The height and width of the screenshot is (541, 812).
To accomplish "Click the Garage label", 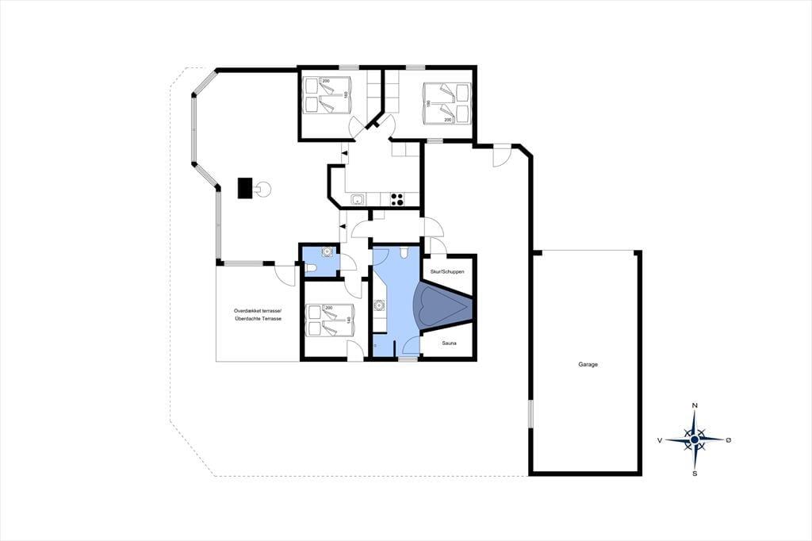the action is pyautogui.click(x=588, y=364).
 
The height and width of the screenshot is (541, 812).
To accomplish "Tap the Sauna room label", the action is pyautogui.click(x=449, y=343).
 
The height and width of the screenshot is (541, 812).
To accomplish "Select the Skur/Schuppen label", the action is pyautogui.click(x=447, y=271).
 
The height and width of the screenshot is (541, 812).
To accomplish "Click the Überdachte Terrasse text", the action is pyautogui.click(x=258, y=319).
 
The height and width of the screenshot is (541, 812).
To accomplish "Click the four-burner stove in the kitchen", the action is pyautogui.click(x=396, y=200).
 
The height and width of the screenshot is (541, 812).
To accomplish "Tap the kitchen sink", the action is pyautogui.click(x=358, y=200).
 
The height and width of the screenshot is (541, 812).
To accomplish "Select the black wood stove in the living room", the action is pyautogui.click(x=245, y=187).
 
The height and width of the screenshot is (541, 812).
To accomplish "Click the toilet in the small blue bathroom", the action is pyautogui.click(x=311, y=268).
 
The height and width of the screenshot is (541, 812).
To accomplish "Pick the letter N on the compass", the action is pyautogui.click(x=695, y=405).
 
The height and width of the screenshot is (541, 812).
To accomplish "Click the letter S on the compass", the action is pyautogui.click(x=695, y=473).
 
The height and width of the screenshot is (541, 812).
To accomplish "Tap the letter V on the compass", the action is pyautogui.click(x=660, y=440).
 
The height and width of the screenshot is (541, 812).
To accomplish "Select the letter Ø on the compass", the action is pyautogui.click(x=729, y=440).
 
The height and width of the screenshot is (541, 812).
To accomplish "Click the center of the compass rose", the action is pyautogui.click(x=695, y=440).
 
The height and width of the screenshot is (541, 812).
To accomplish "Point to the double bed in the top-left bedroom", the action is pyautogui.click(x=327, y=94).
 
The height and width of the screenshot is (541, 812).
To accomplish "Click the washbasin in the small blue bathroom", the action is pyautogui.click(x=327, y=251).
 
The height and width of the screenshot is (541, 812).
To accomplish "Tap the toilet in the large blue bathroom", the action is pyautogui.click(x=405, y=251).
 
